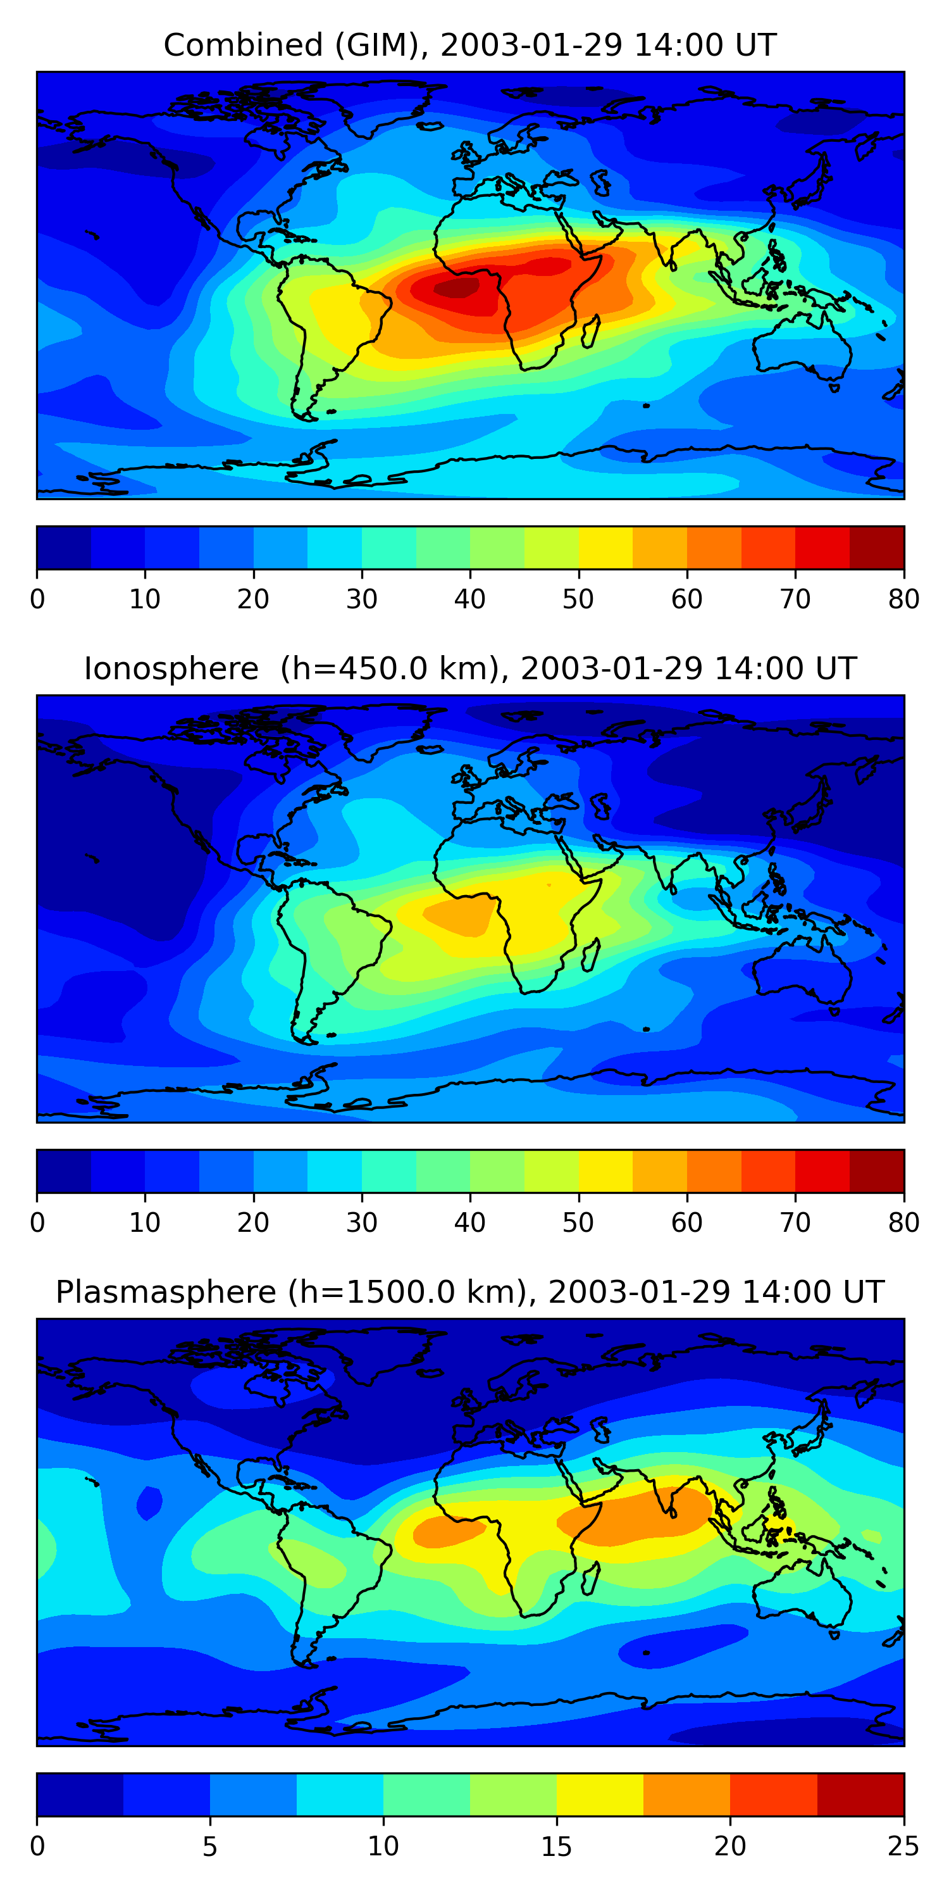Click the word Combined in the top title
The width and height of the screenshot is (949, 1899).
242,46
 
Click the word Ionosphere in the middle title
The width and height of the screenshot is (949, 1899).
171,669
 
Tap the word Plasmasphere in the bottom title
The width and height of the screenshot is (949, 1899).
165,1293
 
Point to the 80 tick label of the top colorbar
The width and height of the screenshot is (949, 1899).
903,599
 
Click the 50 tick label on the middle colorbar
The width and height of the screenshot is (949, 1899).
578,1223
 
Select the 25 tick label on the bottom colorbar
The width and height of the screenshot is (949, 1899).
903,1846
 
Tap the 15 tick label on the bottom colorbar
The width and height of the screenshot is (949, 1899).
556,1846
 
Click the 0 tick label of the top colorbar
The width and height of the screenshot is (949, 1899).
37,599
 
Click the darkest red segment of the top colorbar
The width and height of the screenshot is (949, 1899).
877,548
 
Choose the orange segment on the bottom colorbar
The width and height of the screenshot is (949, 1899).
686,1795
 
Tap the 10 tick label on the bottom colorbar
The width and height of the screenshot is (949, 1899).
383,1846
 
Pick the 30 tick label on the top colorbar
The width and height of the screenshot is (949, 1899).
362,599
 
